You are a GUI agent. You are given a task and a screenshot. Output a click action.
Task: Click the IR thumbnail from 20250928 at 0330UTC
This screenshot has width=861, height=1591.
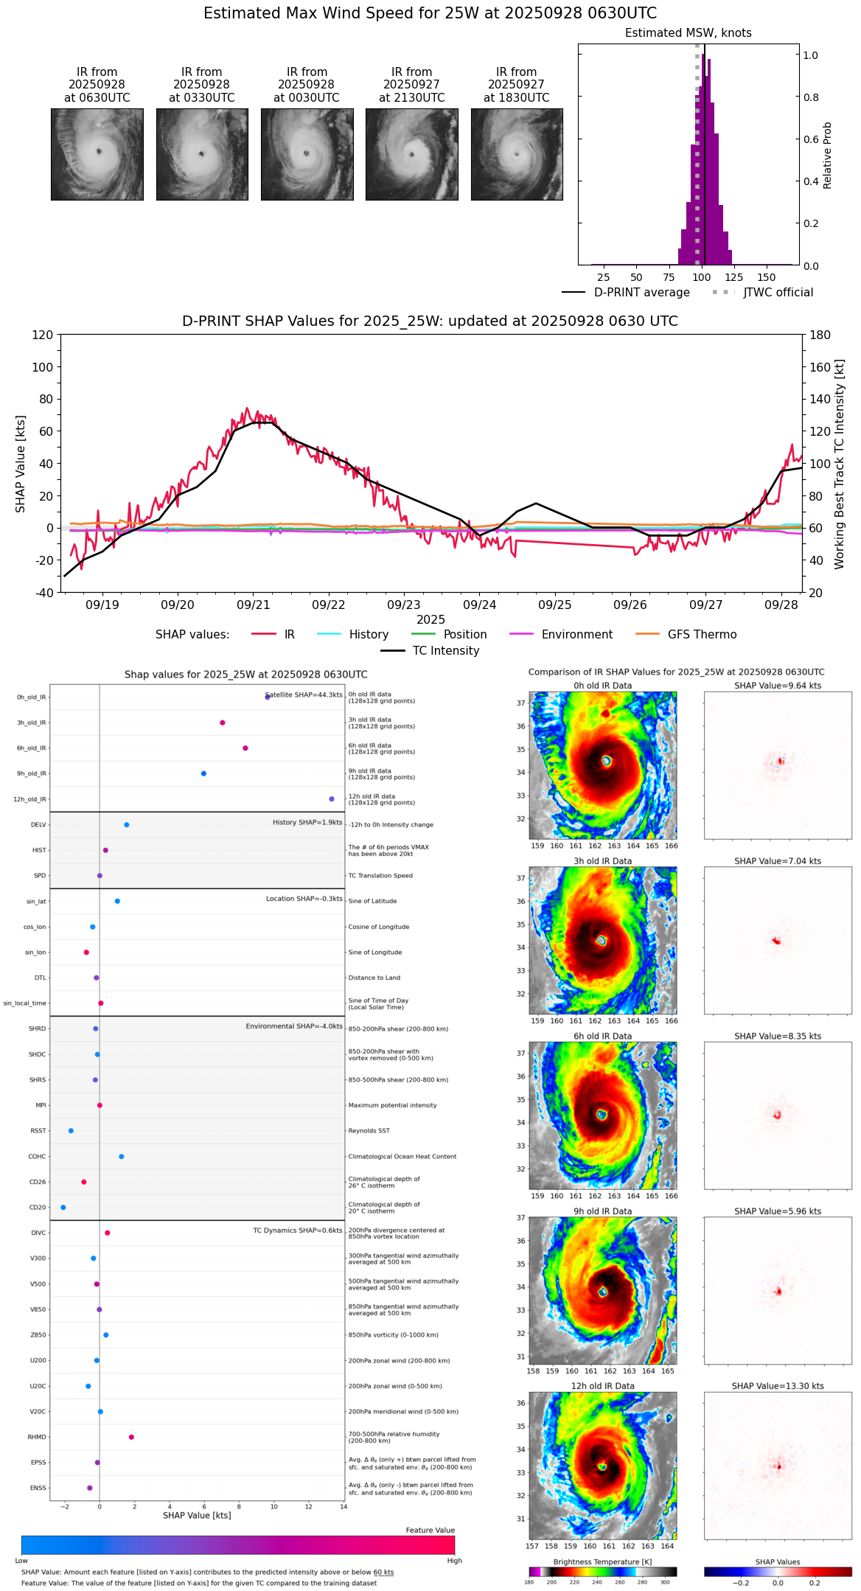tap(202, 154)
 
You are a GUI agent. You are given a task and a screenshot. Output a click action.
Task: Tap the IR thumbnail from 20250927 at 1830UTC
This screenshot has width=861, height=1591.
tap(517, 154)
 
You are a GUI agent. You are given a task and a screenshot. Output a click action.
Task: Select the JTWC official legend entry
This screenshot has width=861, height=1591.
tap(778, 293)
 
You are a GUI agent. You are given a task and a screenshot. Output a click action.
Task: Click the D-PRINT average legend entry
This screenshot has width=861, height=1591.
tap(641, 293)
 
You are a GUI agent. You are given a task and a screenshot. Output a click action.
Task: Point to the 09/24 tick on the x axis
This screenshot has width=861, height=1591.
tap(479, 605)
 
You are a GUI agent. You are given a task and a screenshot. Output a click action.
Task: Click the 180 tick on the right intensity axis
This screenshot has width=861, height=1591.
tap(820, 335)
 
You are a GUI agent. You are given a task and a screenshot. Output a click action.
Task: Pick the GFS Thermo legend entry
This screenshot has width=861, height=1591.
tap(702, 635)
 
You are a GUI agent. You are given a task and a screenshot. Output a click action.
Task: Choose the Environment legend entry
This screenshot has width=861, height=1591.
tap(576, 635)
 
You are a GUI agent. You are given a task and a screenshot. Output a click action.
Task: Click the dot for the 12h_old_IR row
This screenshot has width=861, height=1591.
tap(332, 799)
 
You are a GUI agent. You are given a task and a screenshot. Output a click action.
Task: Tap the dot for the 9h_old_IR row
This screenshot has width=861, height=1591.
tap(203, 773)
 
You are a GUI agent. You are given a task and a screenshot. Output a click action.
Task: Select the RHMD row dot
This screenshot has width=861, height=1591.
tap(131, 1437)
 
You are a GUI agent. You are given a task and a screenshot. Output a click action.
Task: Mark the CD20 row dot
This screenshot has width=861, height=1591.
tap(63, 1207)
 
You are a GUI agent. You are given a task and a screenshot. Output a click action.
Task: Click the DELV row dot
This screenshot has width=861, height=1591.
tap(127, 825)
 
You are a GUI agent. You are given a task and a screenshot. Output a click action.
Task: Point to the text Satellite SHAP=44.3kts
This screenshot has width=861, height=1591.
tap(304, 694)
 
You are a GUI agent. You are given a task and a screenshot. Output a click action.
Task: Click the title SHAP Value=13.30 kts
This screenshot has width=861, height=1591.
tap(778, 1386)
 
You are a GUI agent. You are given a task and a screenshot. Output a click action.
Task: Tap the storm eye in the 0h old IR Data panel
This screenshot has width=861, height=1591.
tap(607, 760)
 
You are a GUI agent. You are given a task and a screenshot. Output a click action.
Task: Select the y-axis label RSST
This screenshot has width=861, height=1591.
tap(38, 1131)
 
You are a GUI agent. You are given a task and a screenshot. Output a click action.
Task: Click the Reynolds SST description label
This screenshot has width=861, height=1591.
tap(369, 1131)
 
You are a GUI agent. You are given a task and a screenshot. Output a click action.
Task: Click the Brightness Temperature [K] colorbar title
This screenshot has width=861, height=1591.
tap(602, 1562)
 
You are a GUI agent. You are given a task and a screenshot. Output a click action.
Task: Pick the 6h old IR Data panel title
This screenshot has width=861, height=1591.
tap(602, 1036)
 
